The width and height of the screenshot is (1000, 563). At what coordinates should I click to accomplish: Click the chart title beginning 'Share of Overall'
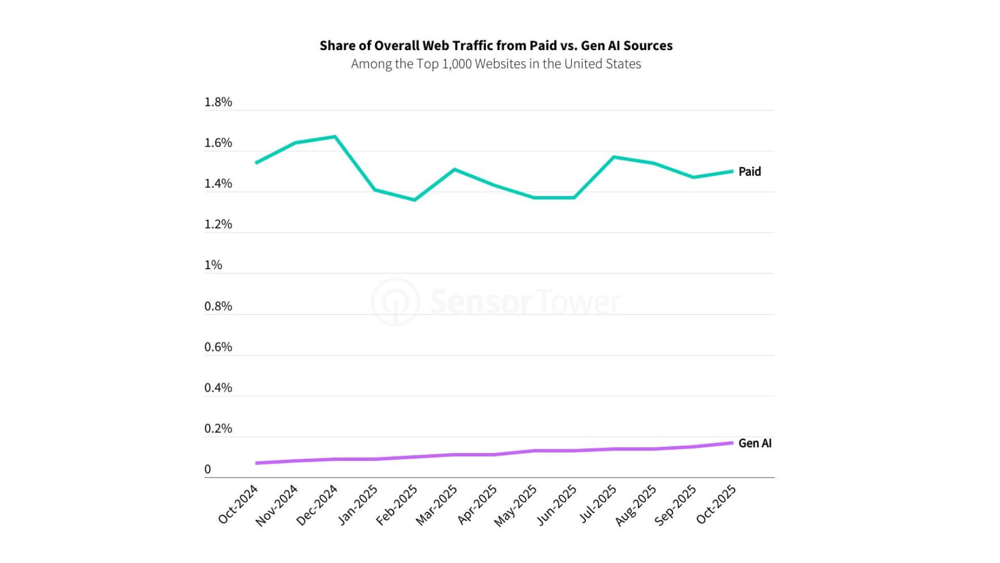(496, 46)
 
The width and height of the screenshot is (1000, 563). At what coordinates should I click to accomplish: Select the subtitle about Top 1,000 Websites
(496, 64)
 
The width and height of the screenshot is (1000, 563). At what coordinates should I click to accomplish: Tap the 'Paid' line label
(749, 172)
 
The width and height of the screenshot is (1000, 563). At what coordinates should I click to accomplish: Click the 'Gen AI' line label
(755, 443)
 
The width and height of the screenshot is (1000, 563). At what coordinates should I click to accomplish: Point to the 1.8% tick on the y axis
(218, 102)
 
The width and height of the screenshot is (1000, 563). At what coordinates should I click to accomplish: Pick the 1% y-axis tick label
(213, 265)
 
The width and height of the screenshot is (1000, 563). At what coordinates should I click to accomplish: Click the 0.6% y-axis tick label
(218, 347)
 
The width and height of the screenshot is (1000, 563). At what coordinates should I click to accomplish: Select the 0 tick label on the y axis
(208, 470)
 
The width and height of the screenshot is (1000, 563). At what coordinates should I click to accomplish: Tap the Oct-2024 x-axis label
(238, 504)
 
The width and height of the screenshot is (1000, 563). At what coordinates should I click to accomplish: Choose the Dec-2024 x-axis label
(317, 505)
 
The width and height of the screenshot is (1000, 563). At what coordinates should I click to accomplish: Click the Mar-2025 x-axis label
(436, 505)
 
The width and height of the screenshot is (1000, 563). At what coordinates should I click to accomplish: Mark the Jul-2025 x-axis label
(598, 504)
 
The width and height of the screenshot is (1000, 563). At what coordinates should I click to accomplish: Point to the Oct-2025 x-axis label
(716, 504)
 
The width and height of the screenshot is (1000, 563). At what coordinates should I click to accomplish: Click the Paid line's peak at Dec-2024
(335, 137)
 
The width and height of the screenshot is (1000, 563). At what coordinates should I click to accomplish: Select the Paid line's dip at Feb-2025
(415, 200)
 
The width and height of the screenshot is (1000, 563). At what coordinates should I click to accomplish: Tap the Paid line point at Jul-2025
(614, 157)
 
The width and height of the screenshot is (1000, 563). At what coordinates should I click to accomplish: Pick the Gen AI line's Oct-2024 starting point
(256, 463)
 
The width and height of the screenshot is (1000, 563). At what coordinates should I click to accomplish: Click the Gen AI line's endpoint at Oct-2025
(733, 443)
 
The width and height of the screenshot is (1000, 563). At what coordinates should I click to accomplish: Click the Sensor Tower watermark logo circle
(396, 302)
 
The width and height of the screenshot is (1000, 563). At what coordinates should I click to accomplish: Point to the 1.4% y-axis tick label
(218, 183)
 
